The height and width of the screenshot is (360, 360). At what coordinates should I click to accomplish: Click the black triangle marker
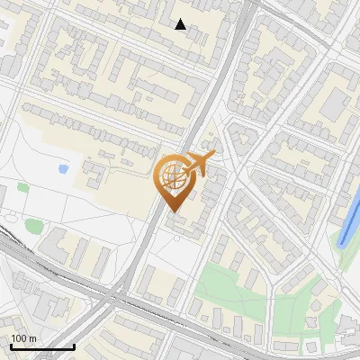(181, 24)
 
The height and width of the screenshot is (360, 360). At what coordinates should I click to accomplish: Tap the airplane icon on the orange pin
(200, 163)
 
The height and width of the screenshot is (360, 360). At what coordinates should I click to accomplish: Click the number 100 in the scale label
(18, 338)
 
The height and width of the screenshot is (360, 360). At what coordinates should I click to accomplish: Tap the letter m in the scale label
(32, 338)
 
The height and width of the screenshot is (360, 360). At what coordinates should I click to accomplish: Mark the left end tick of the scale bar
(11, 346)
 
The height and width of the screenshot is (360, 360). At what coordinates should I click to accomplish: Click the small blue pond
(63, 168)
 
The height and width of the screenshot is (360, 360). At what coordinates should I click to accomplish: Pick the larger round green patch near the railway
(33, 225)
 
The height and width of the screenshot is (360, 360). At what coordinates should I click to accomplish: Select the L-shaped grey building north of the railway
(54, 243)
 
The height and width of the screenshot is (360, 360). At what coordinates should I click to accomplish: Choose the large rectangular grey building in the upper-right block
(334, 105)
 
